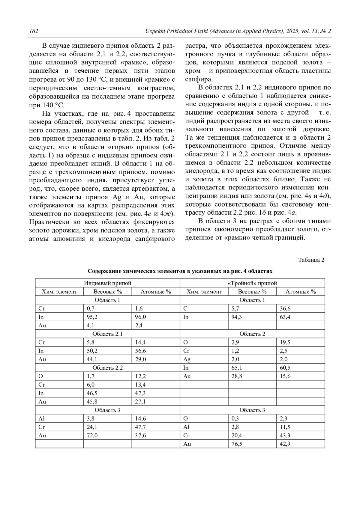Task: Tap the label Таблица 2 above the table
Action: click(x=311, y=260)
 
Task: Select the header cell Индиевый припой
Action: click(x=107, y=283)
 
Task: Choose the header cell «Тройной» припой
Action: click(x=252, y=283)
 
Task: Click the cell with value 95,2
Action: click(x=92, y=317)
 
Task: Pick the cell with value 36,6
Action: click(x=285, y=308)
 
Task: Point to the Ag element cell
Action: click(x=187, y=359)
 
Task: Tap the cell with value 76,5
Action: click(x=237, y=444)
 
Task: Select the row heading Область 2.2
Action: click(x=107, y=368)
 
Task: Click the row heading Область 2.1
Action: click(x=107, y=334)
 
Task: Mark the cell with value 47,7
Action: click(x=140, y=427)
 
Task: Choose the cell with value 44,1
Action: click(x=92, y=359)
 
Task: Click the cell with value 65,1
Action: click(x=237, y=368)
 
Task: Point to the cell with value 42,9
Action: click(x=285, y=444)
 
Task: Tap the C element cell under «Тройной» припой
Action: click(x=185, y=308)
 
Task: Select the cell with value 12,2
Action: click(x=140, y=376)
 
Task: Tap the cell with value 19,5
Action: click(x=285, y=342)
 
